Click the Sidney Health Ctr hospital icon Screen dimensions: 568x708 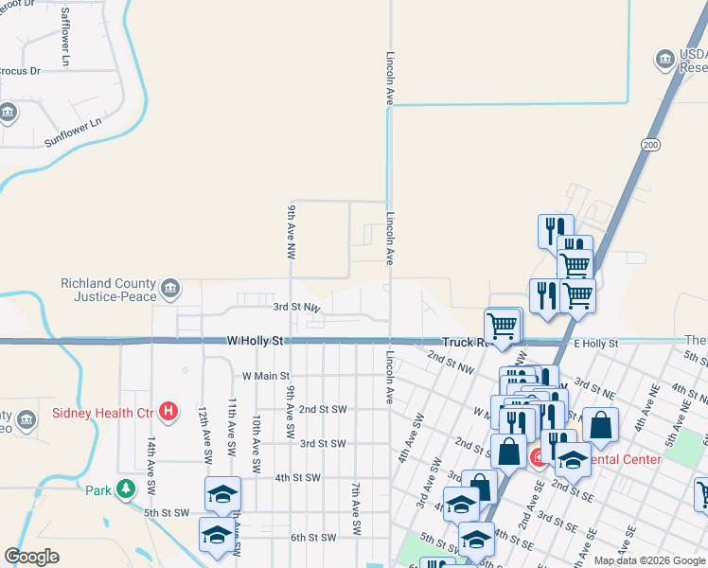click(x=168, y=411)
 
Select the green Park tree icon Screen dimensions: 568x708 click(x=125, y=489)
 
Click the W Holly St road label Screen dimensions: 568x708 click(x=256, y=340)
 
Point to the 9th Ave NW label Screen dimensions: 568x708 click(x=292, y=232)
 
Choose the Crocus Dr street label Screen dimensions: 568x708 click(x=21, y=71)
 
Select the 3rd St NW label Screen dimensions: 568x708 click(x=296, y=308)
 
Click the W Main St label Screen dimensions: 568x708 click(x=266, y=376)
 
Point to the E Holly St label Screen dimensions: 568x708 click(x=593, y=343)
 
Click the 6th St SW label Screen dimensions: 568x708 click(x=312, y=537)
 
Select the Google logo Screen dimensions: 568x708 click(x=32, y=557)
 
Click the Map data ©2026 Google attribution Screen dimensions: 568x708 click(x=649, y=559)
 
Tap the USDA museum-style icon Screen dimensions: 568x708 click(x=664, y=61)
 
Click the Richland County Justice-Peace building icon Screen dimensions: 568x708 click(x=170, y=289)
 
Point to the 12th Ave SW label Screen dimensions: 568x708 click(x=202, y=429)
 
